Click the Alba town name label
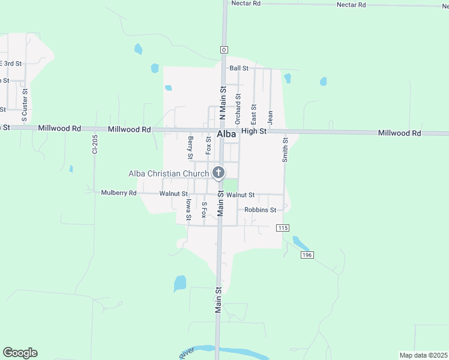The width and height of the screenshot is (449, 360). pyautogui.click(x=226, y=134)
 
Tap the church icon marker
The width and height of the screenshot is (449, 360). pyautogui.click(x=218, y=173)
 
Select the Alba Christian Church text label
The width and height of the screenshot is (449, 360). pyautogui.click(x=169, y=174)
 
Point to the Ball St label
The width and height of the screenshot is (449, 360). pyautogui.click(x=238, y=68)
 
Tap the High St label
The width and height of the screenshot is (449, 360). pyautogui.click(x=254, y=131)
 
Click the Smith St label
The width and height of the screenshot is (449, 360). pyautogui.click(x=286, y=150)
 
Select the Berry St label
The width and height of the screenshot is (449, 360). pyautogui.click(x=190, y=148)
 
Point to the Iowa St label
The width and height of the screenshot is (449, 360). pyautogui.click(x=188, y=210)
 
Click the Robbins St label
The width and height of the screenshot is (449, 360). pyautogui.click(x=260, y=210)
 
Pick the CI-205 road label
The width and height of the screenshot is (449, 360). pyautogui.click(x=94, y=144)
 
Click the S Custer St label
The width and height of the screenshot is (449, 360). pyautogui.click(x=25, y=102)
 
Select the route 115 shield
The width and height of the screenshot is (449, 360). pyautogui.click(x=283, y=228)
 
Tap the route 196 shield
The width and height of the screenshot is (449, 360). pyautogui.click(x=307, y=255)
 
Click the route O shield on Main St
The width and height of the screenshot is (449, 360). pyautogui.click(x=223, y=49)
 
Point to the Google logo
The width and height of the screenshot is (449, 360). pyautogui.click(x=20, y=353)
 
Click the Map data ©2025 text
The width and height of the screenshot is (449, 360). pyautogui.click(x=423, y=355)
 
